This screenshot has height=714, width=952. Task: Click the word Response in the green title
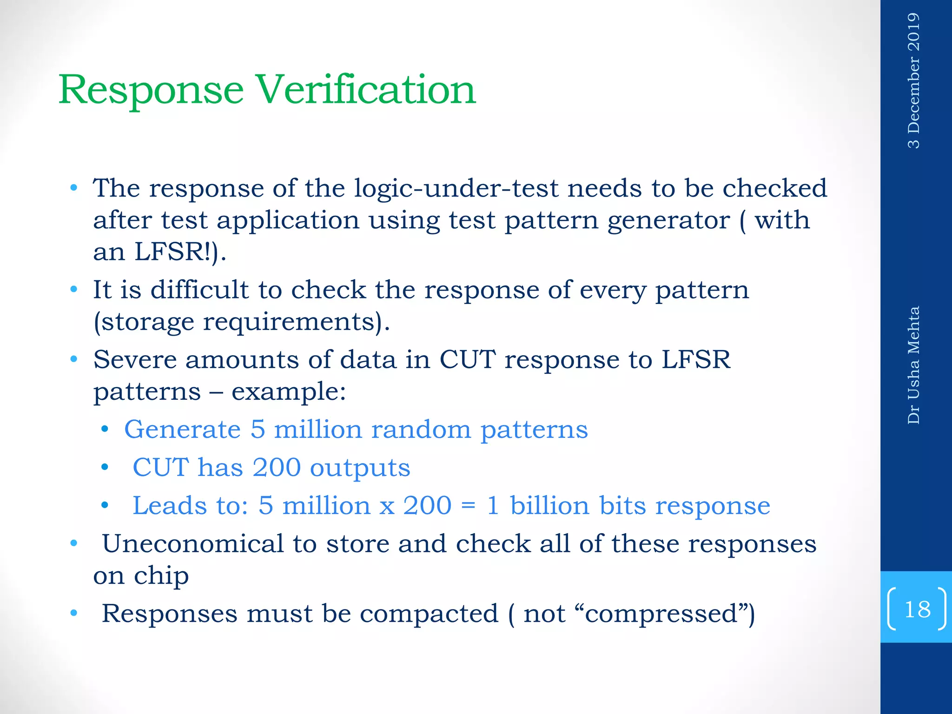click(x=151, y=91)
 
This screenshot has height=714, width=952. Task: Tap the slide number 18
click(x=917, y=609)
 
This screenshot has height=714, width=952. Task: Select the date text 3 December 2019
click(x=913, y=80)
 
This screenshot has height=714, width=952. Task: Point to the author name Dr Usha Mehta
click(x=913, y=365)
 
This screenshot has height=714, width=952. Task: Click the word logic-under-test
click(x=456, y=188)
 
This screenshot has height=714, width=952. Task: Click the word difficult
click(x=200, y=290)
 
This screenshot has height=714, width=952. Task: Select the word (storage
click(x=144, y=322)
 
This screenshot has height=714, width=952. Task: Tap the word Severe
click(x=135, y=359)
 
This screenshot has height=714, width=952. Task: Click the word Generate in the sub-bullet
click(x=182, y=429)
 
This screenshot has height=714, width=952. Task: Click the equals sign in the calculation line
click(x=469, y=506)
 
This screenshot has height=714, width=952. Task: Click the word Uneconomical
click(x=192, y=543)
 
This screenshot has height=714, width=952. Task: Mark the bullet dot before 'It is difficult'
click(x=73, y=290)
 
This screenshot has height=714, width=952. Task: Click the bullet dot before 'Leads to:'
click(x=105, y=505)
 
